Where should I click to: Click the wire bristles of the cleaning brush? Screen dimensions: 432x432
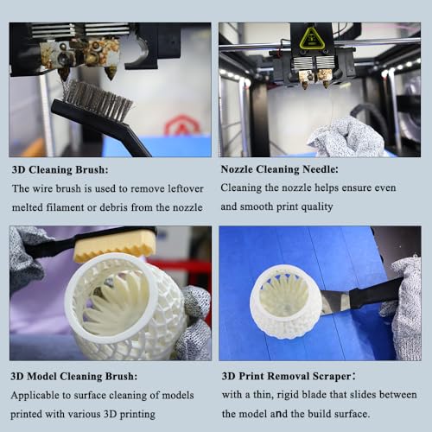[97, 101]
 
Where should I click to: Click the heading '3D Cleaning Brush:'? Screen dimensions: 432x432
[60, 169]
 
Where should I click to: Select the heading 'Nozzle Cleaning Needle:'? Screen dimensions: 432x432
[279, 169]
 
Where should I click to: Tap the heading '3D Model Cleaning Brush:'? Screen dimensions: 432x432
[73, 376]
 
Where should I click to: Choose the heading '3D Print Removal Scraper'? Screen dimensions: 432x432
[286, 376]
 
